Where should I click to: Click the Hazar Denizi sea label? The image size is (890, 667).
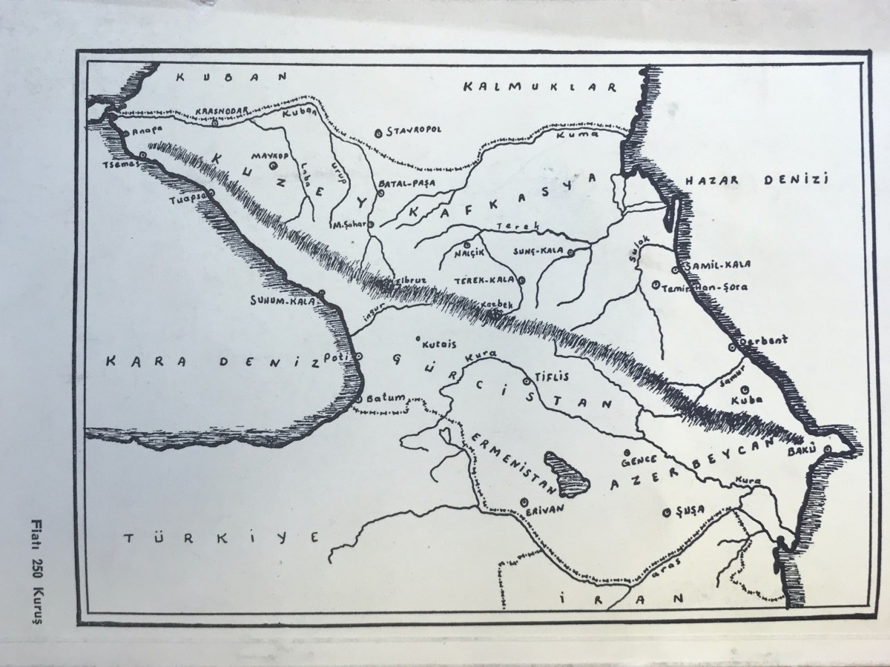pos(760,180)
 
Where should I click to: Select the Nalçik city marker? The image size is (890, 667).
pos(467,244)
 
